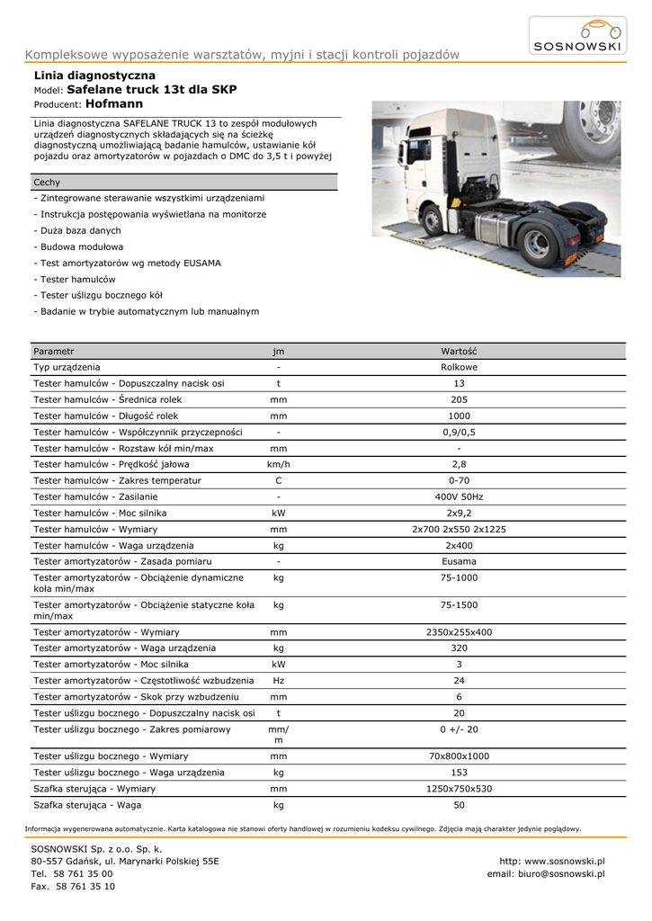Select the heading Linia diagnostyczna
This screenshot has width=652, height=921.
[94, 76]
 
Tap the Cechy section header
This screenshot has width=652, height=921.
[47, 183]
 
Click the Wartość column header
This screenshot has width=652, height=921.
[459, 351]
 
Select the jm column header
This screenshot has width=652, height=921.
[279, 351]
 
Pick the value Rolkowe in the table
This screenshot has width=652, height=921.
[459, 367]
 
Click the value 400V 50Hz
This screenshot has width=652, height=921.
[459, 496]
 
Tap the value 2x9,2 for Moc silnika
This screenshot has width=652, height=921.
[459, 513]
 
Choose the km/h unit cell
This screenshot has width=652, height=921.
[279, 464]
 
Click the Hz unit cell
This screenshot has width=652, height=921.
[279, 681]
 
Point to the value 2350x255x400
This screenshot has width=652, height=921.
[459, 632]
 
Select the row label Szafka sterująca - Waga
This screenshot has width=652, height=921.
[87, 805]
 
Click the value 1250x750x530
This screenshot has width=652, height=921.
[459, 789]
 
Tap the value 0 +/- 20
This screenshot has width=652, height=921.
[459, 729]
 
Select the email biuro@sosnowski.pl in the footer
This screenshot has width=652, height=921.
[546, 873]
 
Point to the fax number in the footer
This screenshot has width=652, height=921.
[73, 886]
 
